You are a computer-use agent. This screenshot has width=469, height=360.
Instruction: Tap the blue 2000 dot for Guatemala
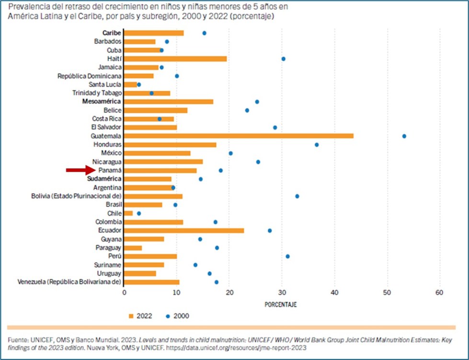click(x=404, y=136)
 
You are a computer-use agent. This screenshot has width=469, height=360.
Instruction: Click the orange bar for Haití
click(x=175, y=58)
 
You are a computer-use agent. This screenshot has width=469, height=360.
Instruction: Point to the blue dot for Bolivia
click(x=297, y=196)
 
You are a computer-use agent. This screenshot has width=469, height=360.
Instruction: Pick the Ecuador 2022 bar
click(x=184, y=230)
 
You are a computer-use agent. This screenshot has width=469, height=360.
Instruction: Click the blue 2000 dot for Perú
click(x=287, y=256)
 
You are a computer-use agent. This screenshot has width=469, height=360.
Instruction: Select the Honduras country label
click(x=108, y=144)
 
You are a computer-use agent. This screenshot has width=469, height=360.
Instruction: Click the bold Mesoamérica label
click(x=102, y=102)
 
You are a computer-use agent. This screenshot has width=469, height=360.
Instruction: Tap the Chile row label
click(x=114, y=213)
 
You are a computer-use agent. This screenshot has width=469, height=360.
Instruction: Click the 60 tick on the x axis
click(x=439, y=292)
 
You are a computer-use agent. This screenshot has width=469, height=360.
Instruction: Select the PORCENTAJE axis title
click(x=281, y=304)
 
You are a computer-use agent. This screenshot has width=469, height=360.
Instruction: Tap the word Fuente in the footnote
click(x=18, y=340)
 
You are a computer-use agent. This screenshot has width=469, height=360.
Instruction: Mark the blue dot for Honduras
click(x=317, y=144)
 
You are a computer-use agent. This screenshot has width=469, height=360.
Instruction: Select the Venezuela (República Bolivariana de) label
click(x=69, y=282)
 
